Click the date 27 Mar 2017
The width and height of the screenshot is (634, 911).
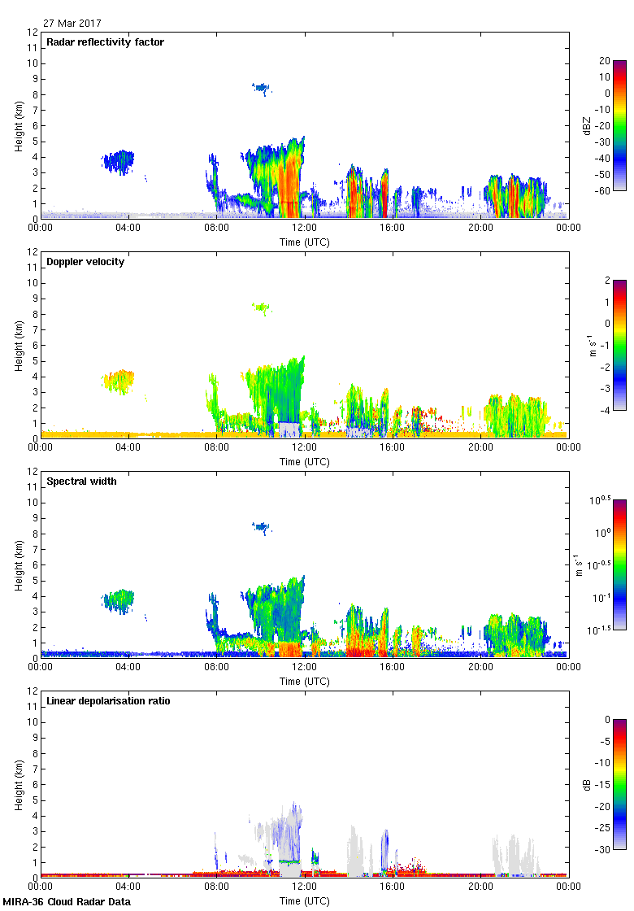coord(72,24)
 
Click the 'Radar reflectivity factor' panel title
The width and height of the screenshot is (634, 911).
coord(106,42)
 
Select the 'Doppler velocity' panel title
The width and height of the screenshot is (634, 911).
coord(85,262)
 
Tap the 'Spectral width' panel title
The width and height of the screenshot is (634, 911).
coord(81,482)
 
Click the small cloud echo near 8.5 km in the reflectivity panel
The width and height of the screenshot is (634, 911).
coord(261,87)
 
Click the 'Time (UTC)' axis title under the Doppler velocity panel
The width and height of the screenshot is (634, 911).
coord(305,461)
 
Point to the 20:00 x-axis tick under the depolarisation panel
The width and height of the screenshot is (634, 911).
coord(480,887)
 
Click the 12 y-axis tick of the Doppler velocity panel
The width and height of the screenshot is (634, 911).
coord(33,252)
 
